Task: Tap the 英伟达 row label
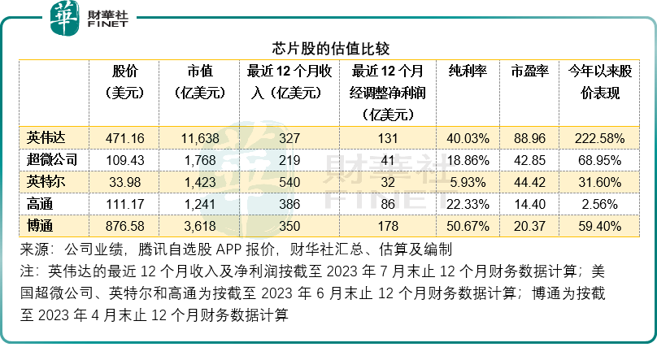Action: [x=43, y=138]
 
